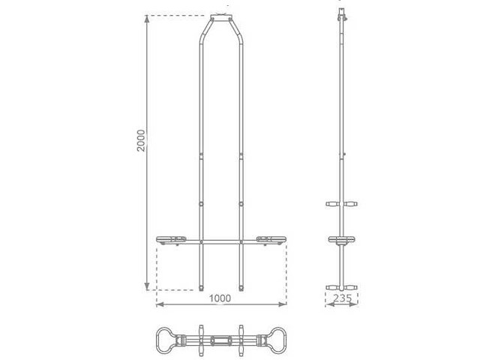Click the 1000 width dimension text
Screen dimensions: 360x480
(x=220, y=298)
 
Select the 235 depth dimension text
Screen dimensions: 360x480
(x=342, y=298)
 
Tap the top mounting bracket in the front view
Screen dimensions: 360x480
(x=221, y=15)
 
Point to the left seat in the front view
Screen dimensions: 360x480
(x=172, y=240)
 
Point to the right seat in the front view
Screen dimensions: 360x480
(x=270, y=240)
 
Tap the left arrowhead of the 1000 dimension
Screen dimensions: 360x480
(x=159, y=305)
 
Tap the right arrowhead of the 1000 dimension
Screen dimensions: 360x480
(x=283, y=305)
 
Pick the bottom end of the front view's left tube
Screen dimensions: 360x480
(x=202, y=287)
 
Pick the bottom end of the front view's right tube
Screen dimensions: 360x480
(x=241, y=287)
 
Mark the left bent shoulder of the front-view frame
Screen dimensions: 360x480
(x=204, y=34)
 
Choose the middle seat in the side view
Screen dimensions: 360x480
(x=342, y=241)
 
